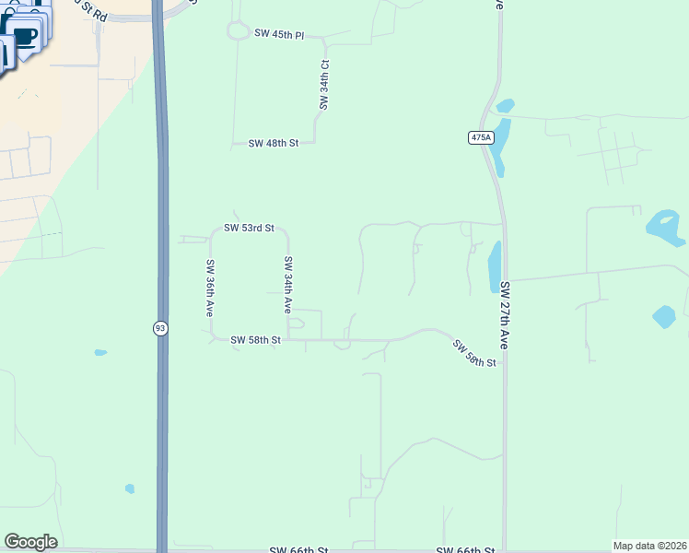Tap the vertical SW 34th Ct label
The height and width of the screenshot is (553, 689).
pyautogui.click(x=324, y=86)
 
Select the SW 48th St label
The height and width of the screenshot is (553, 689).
pyautogui.click(x=274, y=144)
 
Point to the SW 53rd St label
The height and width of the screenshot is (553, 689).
pyautogui.click(x=250, y=228)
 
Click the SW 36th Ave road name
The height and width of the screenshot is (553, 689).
pyautogui.click(x=210, y=288)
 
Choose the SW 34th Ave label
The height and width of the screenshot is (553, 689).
pyautogui.click(x=288, y=284)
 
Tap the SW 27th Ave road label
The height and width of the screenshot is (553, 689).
pyautogui.click(x=505, y=314)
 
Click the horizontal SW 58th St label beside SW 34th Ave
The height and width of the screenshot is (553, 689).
pyautogui.click(x=255, y=340)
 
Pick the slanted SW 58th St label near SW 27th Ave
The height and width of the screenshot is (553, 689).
pyautogui.click(x=474, y=353)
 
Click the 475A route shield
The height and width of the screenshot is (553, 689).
pyautogui.click(x=480, y=137)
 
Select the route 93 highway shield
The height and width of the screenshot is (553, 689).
pyautogui.click(x=160, y=329)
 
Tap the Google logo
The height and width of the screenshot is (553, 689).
pyautogui.click(x=30, y=542)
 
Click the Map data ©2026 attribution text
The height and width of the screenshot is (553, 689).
pyautogui.click(x=648, y=546)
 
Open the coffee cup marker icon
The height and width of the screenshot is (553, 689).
pyautogui.click(x=25, y=37)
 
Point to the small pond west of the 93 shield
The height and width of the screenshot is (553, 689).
pyautogui.click(x=99, y=352)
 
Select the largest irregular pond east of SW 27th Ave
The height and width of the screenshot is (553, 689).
pyautogui.click(x=666, y=225)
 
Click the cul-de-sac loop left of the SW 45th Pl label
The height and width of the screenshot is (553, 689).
pyautogui.click(x=237, y=32)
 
